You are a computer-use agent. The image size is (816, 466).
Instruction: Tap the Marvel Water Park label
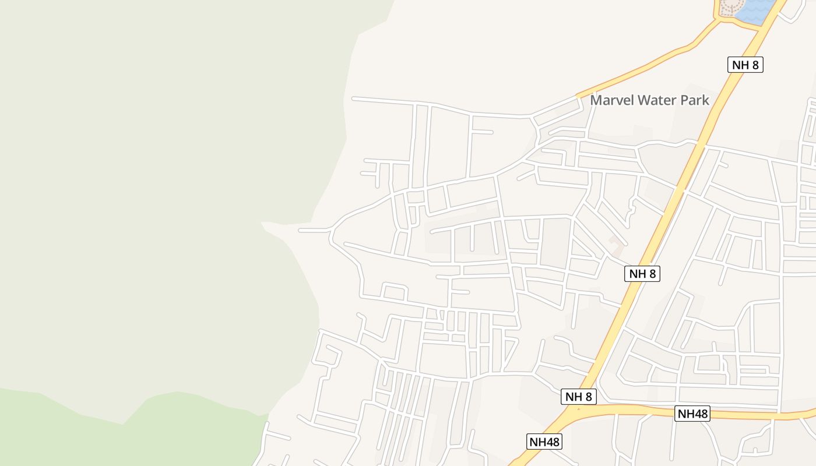[x=649, y=100]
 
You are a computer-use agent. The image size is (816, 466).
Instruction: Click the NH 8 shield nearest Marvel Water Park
[x=745, y=65]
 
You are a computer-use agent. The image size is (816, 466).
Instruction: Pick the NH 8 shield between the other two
[x=642, y=274]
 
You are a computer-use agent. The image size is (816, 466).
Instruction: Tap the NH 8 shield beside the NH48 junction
[x=579, y=397]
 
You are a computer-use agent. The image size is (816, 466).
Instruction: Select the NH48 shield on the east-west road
[x=692, y=414]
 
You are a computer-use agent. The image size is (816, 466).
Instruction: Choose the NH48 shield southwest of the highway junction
[x=544, y=442]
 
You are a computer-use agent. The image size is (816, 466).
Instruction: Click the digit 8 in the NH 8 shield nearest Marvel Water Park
[x=755, y=65]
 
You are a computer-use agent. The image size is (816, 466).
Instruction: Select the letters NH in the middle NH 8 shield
[x=635, y=274]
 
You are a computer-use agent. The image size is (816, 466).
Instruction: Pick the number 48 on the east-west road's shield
[x=701, y=414]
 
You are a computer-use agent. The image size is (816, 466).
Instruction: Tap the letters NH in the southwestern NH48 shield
[x=537, y=442]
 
